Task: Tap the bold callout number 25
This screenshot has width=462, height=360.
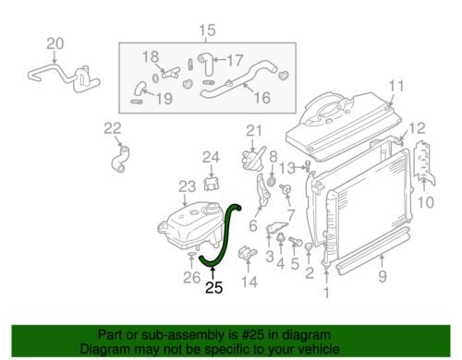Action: (x=213, y=288)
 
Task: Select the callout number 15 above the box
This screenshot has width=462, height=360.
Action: (x=207, y=30)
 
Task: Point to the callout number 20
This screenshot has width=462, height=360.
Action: (x=55, y=44)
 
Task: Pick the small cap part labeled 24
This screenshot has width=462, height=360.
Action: (x=212, y=183)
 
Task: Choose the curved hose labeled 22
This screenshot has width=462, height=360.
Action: (x=120, y=159)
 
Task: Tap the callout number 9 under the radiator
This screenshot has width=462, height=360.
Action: (x=383, y=277)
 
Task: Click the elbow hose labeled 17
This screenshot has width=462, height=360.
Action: (x=206, y=64)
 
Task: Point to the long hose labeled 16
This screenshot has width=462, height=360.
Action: (x=238, y=79)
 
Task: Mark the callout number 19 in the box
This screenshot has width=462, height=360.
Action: (x=164, y=99)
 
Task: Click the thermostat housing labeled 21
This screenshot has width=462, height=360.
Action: (x=253, y=159)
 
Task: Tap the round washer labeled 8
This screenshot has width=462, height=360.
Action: (x=272, y=181)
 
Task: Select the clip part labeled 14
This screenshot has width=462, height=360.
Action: (x=248, y=254)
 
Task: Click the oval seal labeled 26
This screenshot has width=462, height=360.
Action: (x=191, y=254)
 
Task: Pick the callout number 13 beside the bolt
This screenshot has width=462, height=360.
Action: (x=287, y=168)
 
